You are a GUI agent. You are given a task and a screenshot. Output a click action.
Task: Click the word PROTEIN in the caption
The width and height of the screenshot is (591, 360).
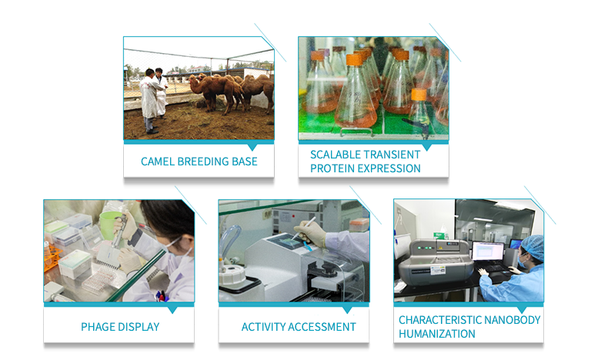click(x=329, y=168)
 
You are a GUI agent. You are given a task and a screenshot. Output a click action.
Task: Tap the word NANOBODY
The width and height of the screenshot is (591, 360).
click(x=513, y=320)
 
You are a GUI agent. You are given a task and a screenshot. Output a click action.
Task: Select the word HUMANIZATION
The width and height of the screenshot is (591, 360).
click(x=437, y=334)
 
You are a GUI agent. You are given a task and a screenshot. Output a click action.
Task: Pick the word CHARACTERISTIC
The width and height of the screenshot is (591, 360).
click(x=440, y=320)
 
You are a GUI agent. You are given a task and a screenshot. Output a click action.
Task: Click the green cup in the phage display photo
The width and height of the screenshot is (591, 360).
click(x=109, y=225)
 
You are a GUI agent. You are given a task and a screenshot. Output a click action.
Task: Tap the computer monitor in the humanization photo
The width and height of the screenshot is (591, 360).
click(x=488, y=251)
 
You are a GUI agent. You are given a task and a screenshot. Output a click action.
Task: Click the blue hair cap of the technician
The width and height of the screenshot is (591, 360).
click(x=533, y=247)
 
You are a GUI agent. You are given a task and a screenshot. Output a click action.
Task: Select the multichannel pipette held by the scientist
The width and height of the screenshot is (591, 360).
click(x=112, y=245)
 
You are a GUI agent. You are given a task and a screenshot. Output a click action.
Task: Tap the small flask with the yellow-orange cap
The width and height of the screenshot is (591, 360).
click(x=419, y=109)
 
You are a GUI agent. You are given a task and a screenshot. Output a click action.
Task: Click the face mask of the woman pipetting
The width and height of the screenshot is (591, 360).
click(x=173, y=250)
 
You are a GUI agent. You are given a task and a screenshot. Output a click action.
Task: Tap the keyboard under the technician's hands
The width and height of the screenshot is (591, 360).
click(x=493, y=268)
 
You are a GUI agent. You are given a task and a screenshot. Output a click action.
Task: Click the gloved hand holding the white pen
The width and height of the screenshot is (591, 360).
click(x=311, y=232)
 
